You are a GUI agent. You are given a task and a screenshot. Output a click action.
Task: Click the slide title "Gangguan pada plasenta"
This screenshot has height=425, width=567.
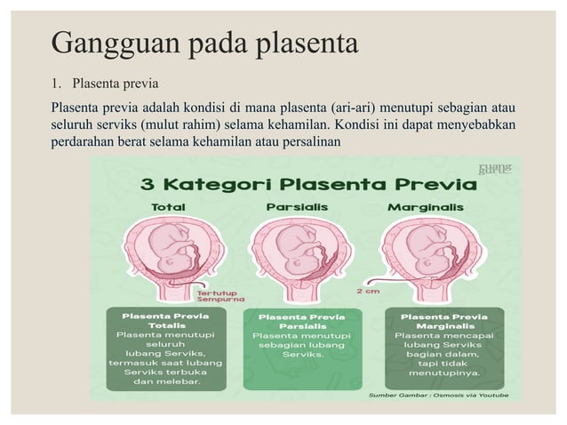pos(204,43)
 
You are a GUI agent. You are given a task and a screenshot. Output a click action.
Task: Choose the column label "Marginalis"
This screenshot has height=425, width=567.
pos(425,207)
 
